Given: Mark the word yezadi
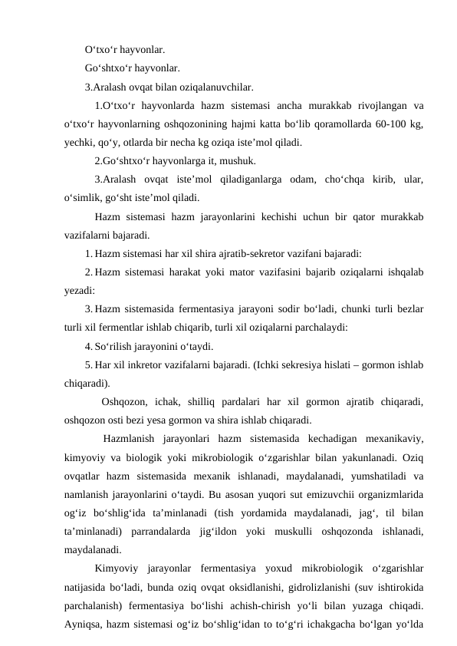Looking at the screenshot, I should coord(79,291).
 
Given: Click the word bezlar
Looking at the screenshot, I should coord(408,309).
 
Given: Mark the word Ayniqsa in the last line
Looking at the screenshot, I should coord(84,624).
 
